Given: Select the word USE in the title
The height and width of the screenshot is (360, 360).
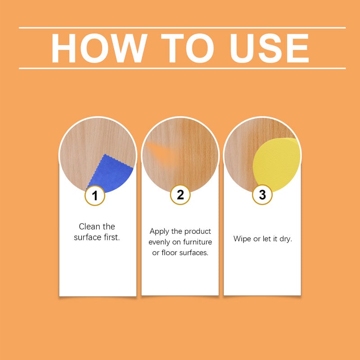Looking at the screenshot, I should point(269,48).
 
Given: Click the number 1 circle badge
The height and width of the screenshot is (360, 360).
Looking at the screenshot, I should point(95,196).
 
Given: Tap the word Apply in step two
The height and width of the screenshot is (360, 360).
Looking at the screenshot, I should point(159,231).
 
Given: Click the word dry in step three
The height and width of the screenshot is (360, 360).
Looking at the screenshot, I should point(285,238).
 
